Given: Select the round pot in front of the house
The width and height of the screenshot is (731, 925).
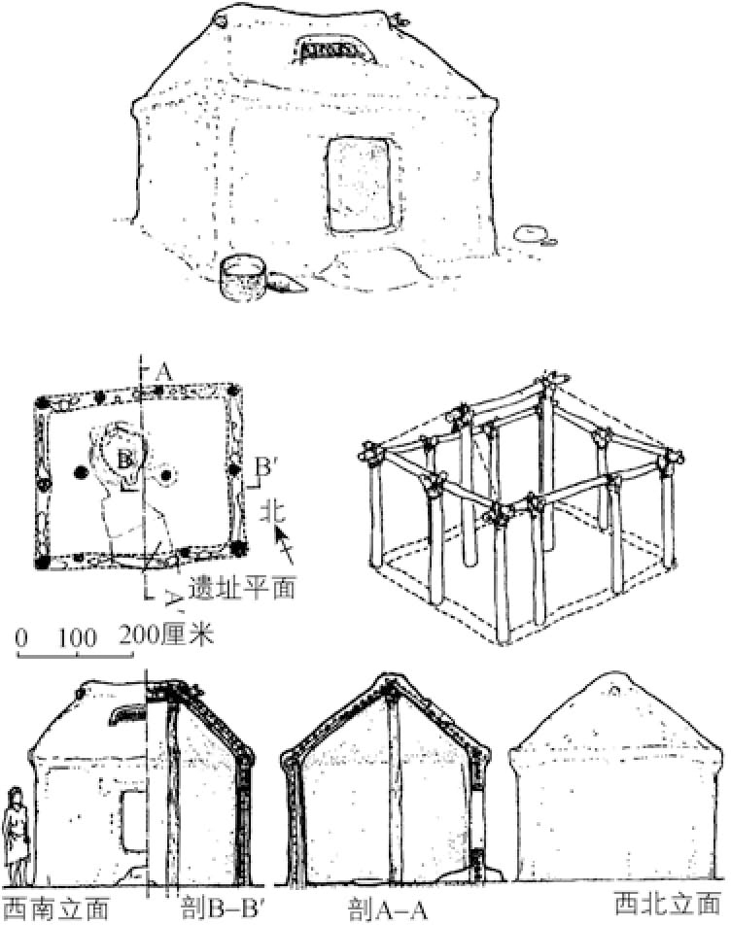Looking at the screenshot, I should (x=242, y=276).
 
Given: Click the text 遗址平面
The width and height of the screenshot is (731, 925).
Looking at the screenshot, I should (x=243, y=587).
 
